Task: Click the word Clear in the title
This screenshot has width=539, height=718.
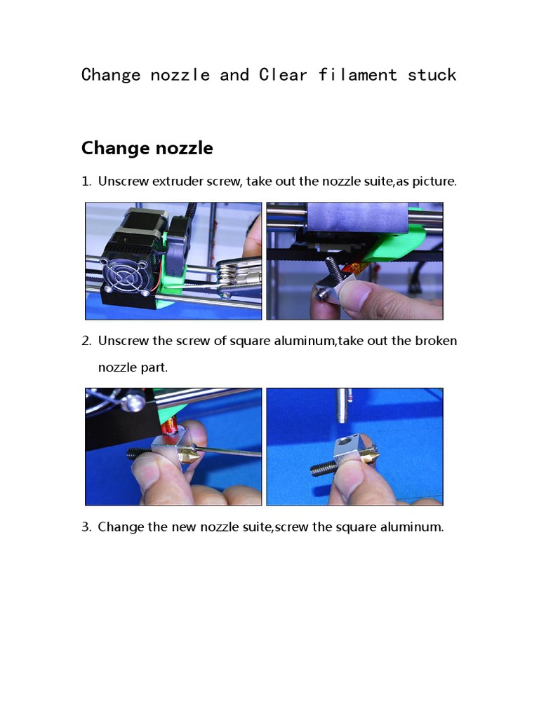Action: pyautogui.click(x=283, y=75)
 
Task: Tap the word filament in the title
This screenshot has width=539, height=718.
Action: pyautogui.click(x=358, y=75)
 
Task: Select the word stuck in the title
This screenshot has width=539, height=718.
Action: pyautogui.click(x=432, y=75)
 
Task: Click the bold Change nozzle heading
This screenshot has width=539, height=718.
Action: pyautogui.click(x=147, y=149)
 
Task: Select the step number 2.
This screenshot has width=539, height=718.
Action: pyautogui.click(x=86, y=341)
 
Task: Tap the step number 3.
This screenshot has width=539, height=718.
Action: pyautogui.click(x=86, y=527)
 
